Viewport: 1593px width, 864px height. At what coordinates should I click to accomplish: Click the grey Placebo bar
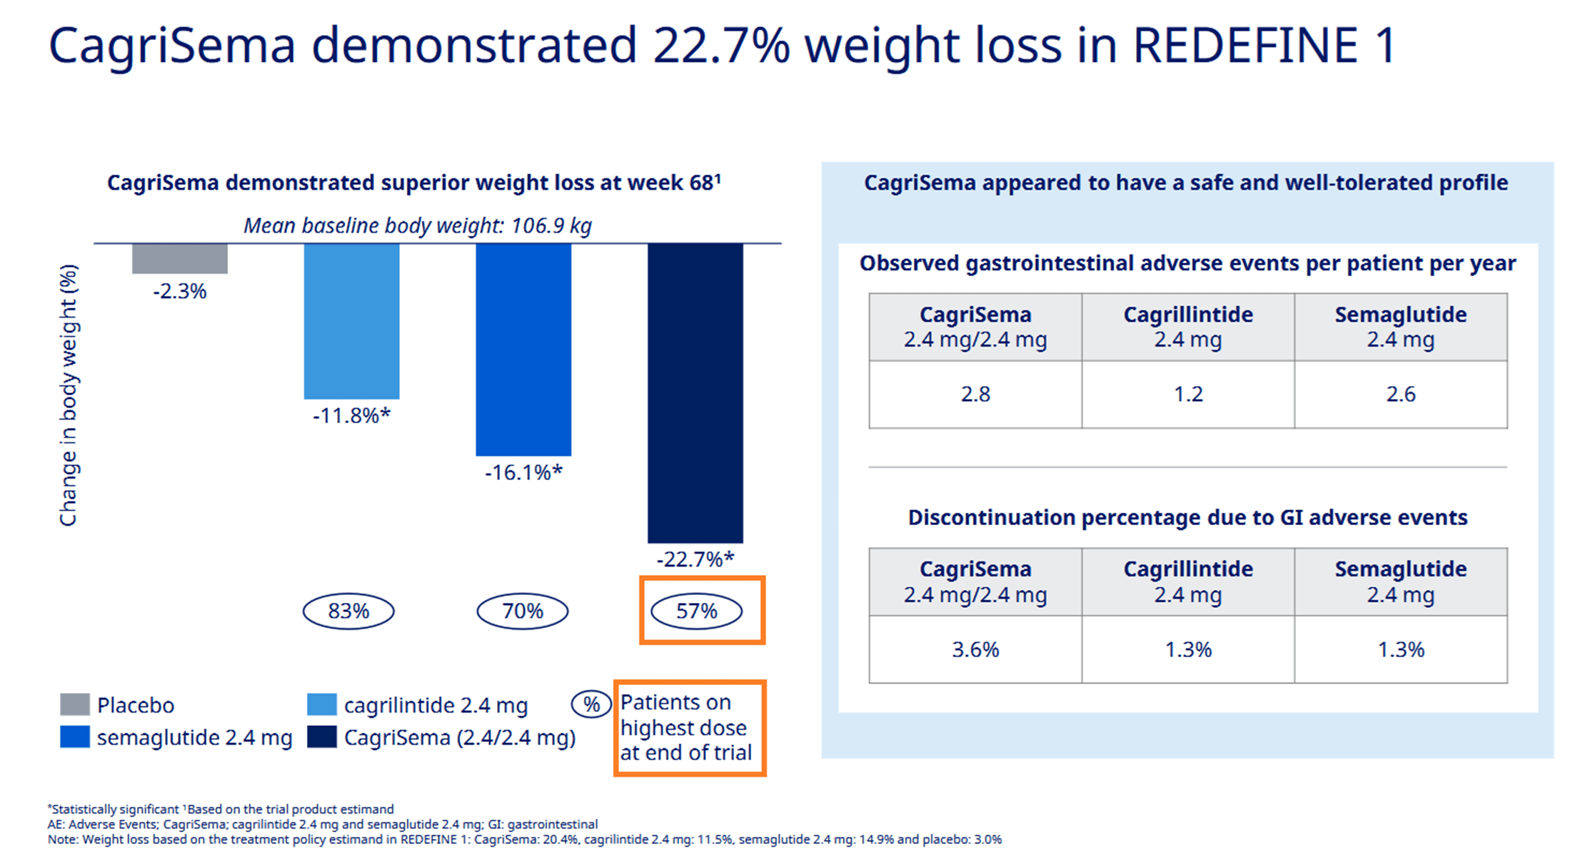pyautogui.click(x=179, y=258)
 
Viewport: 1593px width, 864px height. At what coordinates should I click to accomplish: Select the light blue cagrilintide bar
pyautogui.click(x=351, y=321)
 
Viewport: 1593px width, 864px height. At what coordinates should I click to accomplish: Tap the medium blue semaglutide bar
pyautogui.click(x=523, y=350)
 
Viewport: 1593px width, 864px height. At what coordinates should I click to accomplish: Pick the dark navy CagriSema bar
pyautogui.click(x=695, y=392)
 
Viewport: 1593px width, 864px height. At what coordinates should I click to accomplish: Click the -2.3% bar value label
pyautogui.click(x=179, y=291)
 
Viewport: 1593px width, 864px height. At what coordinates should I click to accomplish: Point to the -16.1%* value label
pyautogui.click(x=523, y=472)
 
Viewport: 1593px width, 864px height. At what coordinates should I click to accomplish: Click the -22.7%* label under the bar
pyautogui.click(x=695, y=559)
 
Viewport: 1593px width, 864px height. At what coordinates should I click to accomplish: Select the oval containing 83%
pyautogui.click(x=348, y=611)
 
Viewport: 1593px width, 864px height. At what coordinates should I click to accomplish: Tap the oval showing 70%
pyautogui.click(x=522, y=611)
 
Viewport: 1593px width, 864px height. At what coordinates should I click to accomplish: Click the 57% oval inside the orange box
pyautogui.click(x=696, y=611)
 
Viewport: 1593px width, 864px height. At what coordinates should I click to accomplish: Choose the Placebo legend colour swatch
pyautogui.click(x=75, y=705)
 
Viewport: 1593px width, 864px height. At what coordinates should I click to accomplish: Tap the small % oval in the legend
pyautogui.click(x=591, y=705)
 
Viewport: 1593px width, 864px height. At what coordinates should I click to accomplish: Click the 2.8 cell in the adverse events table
pyautogui.click(x=975, y=394)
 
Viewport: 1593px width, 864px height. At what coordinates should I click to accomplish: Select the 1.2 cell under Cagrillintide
pyautogui.click(x=1188, y=394)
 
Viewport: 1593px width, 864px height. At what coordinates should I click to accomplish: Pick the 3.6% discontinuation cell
pyautogui.click(x=975, y=649)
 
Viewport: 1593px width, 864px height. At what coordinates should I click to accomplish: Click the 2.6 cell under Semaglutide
pyautogui.click(x=1400, y=394)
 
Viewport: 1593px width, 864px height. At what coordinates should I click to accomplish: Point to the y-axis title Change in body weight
pyautogui.click(x=68, y=396)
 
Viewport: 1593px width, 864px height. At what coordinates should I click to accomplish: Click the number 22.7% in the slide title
pyautogui.click(x=721, y=45)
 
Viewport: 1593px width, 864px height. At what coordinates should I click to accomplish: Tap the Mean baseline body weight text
pyautogui.click(x=418, y=225)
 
